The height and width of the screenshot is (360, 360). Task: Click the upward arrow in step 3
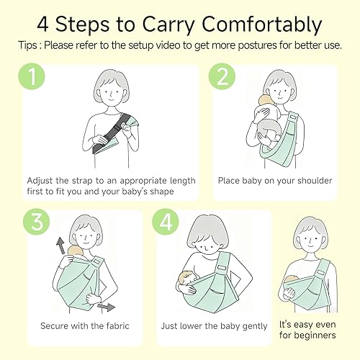pyautogui.click(x=60, y=248)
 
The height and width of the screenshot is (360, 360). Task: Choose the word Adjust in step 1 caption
pyautogui.click(x=42, y=180)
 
